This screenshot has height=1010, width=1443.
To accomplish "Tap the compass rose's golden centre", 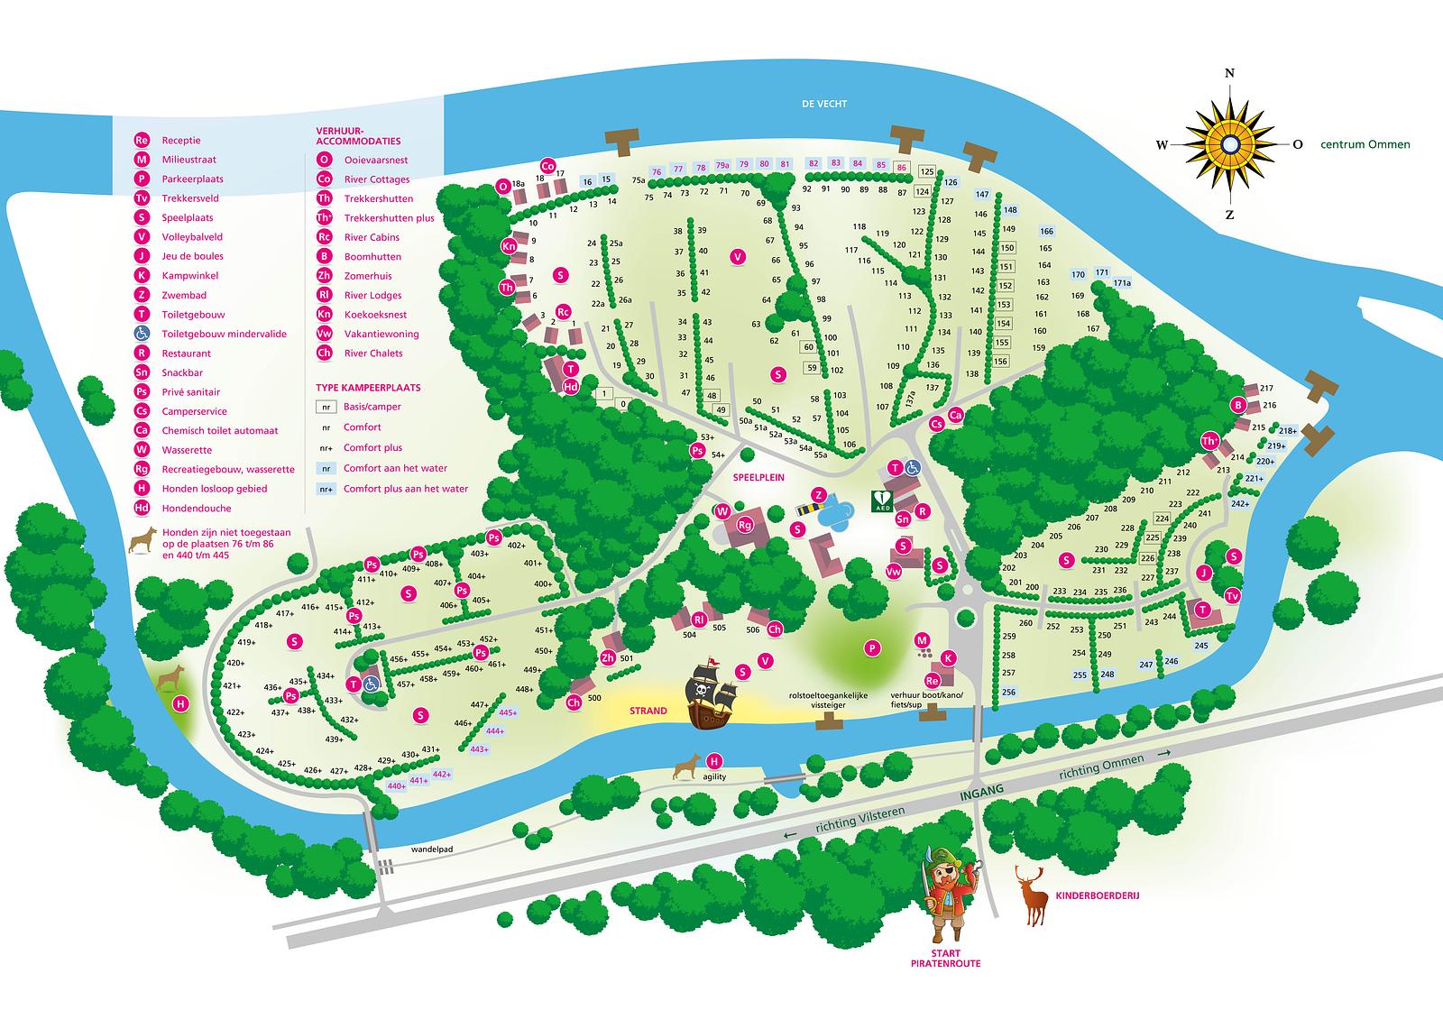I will point(1229,143).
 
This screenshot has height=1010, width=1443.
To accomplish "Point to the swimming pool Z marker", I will point(819,494).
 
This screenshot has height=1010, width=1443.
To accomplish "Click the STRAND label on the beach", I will point(648,711).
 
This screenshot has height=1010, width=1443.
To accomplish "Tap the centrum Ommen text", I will point(1365,144).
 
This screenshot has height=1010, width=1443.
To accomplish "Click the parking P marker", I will point(872,647).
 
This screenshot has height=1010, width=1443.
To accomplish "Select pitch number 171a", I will point(1121,283).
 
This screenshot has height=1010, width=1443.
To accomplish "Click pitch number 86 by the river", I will point(901,167).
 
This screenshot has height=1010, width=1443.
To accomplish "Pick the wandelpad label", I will point(405,849).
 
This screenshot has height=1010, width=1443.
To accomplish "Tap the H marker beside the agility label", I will point(715,760).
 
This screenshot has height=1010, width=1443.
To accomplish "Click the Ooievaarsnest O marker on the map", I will point(503,187).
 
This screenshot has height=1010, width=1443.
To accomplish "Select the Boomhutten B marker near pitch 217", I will point(1239,406).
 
